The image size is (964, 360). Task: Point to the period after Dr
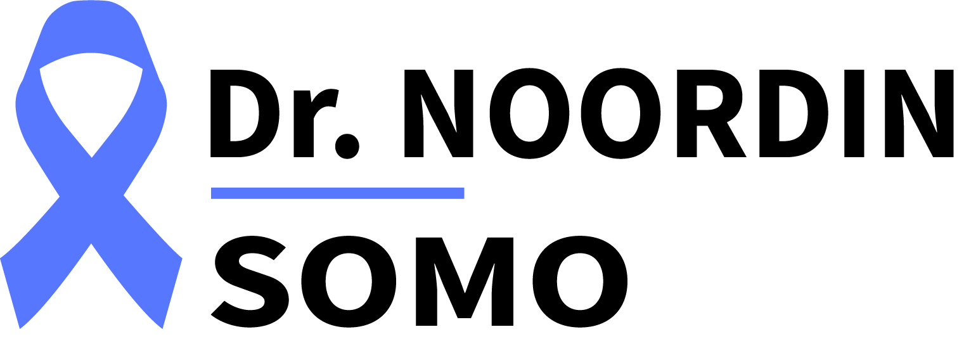pos(347,146)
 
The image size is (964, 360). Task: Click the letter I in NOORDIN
pos(854,113)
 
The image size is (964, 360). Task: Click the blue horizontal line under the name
pos(337,193)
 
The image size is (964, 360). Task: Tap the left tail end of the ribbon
pos(11,292)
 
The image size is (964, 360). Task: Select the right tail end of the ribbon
pos(172,292)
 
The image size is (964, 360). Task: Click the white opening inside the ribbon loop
pos(91,99)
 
